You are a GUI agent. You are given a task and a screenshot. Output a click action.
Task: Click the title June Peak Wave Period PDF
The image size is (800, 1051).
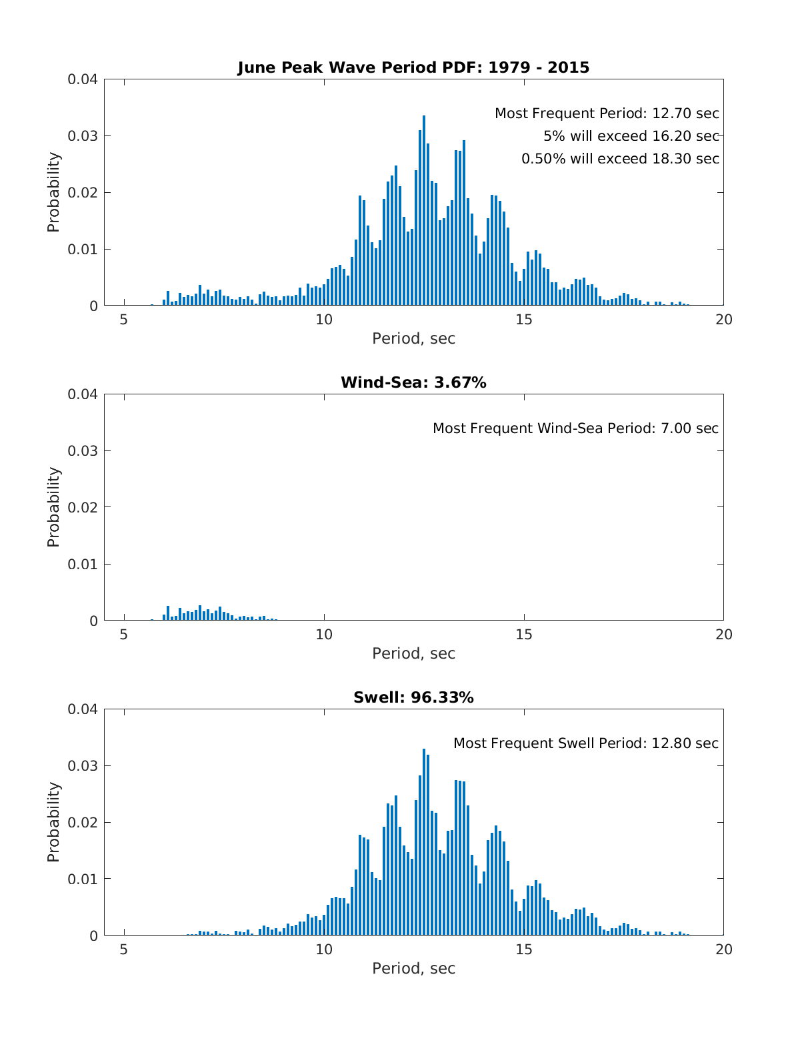click(413, 67)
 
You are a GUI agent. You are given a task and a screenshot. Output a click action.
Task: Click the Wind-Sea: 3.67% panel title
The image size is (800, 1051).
click(413, 382)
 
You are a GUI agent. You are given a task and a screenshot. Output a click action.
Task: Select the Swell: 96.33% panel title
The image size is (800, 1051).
click(413, 697)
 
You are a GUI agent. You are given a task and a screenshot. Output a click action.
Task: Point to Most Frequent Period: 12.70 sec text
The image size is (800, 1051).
click(607, 113)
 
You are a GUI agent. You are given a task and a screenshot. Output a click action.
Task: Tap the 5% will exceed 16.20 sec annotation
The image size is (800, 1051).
click(631, 136)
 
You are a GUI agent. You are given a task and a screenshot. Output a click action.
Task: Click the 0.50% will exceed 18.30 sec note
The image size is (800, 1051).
click(620, 159)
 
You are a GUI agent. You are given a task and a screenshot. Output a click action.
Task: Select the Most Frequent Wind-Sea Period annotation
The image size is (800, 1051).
click(576, 428)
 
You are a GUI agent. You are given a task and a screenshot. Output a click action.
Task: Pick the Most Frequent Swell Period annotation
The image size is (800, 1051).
click(586, 743)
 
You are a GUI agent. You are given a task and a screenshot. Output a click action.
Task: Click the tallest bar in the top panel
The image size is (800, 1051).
click(424, 211)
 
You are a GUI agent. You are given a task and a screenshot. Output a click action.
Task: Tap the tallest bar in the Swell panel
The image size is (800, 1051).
click(424, 841)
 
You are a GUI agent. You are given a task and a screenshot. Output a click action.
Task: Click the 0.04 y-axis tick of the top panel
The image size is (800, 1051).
click(82, 79)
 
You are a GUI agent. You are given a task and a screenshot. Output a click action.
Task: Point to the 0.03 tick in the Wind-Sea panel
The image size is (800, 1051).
click(82, 451)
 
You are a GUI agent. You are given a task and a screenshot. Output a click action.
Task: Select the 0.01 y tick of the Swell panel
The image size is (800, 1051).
click(82, 879)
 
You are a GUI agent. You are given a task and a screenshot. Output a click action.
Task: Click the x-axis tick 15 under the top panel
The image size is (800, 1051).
click(524, 320)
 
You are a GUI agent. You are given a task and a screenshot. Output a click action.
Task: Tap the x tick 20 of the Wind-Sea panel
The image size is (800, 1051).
click(724, 635)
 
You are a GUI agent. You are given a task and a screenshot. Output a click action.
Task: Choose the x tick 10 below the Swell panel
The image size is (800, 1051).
click(324, 950)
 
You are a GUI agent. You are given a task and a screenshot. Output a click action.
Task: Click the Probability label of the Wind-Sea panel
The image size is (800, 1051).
click(53, 507)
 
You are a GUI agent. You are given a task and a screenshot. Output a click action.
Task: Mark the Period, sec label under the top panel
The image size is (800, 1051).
click(413, 338)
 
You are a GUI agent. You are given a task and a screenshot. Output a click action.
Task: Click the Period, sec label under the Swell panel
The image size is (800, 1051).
click(413, 969)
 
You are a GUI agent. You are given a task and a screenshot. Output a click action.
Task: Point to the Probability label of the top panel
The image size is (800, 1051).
click(53, 192)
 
